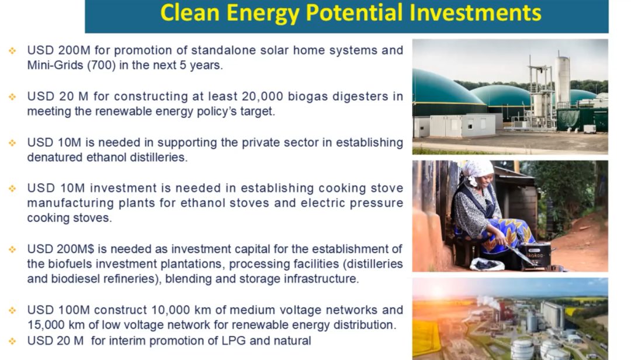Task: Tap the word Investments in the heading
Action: pyautogui.click(x=475, y=12)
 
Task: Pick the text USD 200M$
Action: pyautogui.click(x=60, y=249)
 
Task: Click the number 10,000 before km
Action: pyautogui.click(x=171, y=310)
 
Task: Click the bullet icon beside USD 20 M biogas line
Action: pyautogui.click(x=12, y=96)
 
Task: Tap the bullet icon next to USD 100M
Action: pyautogui.click(x=12, y=310)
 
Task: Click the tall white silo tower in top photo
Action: pyautogui.click(x=562, y=78)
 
